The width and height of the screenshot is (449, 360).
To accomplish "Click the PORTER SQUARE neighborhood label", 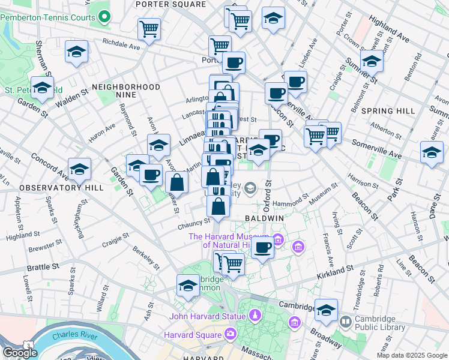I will tap(170, 4).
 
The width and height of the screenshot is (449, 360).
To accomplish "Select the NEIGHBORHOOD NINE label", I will tap(126, 88).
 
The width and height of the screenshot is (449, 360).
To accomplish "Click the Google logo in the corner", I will tap(20, 353).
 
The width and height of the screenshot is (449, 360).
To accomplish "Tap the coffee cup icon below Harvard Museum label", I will tap(262, 247).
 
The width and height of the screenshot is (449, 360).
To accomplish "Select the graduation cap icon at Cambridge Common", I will tap(188, 286).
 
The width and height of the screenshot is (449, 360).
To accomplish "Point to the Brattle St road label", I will tap(43, 266).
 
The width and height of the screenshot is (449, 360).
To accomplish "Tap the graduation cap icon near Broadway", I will tap(326, 310).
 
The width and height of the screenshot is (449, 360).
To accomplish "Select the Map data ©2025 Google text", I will tap(412, 355).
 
